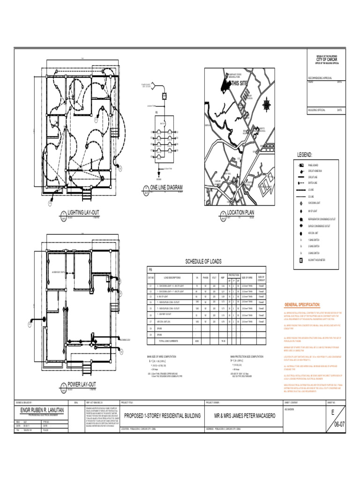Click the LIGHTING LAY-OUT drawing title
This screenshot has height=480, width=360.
click(83, 213)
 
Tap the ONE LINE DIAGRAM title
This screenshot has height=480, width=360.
click(164, 187)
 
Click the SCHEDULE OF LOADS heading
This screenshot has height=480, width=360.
click(203, 262)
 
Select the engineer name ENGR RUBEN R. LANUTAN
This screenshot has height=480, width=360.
click(40, 411)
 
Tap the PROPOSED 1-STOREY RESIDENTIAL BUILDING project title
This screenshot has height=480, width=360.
click(162, 416)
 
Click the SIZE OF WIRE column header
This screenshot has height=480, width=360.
click(247, 278)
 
